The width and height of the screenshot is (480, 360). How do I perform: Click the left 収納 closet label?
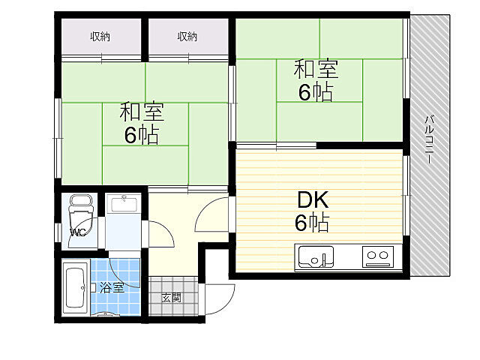[x=100, y=37]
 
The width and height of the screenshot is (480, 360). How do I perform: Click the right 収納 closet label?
[x=187, y=37]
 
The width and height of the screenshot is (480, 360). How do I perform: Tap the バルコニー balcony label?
[x=430, y=139]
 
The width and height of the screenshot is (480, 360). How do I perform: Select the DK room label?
[x=313, y=199]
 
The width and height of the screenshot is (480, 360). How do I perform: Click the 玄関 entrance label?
[x=172, y=298]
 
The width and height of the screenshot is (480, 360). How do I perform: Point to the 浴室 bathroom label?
[x=112, y=288]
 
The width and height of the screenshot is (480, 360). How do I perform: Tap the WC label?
[x=78, y=232]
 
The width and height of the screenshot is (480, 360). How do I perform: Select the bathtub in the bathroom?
[x=75, y=288]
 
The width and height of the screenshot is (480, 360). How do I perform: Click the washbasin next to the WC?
[x=124, y=204]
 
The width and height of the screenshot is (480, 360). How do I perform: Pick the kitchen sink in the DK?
[x=316, y=256]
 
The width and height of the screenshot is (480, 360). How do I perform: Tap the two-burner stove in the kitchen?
[x=378, y=256]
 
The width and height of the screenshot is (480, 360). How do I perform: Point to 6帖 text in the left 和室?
[x=142, y=135]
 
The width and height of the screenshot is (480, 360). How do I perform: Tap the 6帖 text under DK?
[x=312, y=223]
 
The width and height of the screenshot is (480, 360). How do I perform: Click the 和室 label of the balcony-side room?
[x=316, y=69]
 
